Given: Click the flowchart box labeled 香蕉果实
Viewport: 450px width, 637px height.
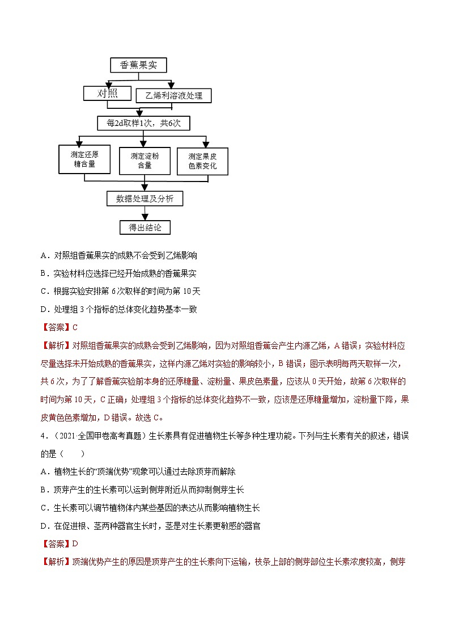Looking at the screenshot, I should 139,65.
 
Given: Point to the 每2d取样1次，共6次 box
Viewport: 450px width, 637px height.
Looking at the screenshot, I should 143,123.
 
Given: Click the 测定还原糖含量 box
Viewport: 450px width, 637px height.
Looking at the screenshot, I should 80,159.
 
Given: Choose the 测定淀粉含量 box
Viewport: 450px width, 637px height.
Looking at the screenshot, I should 145,161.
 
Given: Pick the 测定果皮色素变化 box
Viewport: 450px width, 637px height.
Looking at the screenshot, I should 202,162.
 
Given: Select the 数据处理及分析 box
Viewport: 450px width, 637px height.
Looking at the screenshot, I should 145,198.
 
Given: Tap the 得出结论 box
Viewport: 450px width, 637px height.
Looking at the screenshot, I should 145,227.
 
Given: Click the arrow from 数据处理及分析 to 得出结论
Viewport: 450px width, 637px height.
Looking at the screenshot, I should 145,213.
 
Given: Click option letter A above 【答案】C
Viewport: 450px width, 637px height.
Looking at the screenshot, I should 44,256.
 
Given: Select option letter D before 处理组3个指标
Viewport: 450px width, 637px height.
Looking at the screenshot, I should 44,309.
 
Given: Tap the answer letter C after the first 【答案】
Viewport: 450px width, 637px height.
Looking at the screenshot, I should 74,327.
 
